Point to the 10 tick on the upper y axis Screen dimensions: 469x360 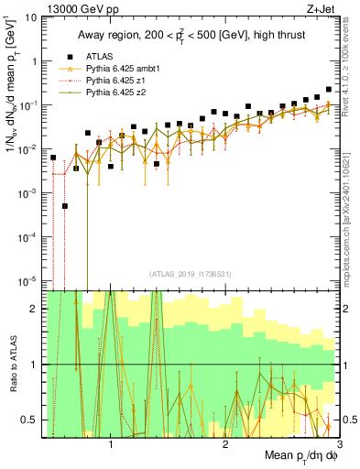[x=32, y=17]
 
